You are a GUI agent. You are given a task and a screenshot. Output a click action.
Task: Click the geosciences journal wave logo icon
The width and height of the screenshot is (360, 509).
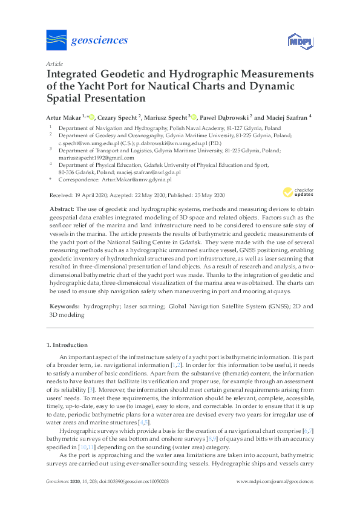pos(57,41)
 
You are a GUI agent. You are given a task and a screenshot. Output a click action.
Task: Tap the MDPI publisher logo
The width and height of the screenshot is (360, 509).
pos(298,42)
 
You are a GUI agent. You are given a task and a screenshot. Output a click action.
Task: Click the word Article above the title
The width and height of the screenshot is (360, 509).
pos(54,63)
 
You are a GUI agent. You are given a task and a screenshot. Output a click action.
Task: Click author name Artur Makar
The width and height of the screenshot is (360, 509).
pos(65,117)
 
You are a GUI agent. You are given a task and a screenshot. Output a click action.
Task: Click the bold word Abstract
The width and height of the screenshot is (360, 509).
pos(62,209)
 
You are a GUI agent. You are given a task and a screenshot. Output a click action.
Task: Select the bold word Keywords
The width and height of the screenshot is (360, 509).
pos(64,307)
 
